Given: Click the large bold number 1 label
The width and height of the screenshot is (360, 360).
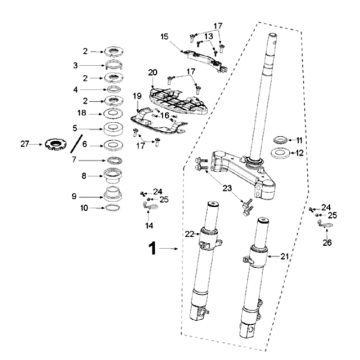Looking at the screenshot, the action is tap(152, 249).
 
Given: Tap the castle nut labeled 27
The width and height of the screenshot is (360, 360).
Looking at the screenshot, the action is tap(56, 144).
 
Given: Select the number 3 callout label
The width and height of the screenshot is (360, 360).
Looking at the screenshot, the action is tap(75, 65).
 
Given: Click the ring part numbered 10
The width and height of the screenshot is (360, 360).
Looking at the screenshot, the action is tap(113, 208).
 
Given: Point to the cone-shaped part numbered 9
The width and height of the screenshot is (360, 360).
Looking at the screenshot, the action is tap(113, 194).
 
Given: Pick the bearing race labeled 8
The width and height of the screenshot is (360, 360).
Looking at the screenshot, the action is tap(113, 175).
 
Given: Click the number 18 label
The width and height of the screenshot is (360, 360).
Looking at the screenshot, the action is tap(82, 113).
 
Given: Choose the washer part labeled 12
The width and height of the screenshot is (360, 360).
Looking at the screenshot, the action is tap(280, 153).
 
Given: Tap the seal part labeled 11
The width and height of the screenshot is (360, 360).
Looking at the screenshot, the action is tap(280, 140).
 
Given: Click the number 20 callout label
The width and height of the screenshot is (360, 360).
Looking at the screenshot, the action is tap(152, 72).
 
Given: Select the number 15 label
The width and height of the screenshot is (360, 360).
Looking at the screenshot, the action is tap(165, 36).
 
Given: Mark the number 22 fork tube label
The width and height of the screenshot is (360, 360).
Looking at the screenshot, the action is tap(190, 235).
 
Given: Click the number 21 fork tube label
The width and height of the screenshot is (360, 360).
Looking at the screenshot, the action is tap(284, 256).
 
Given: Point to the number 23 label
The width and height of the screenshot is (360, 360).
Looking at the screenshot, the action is tap(228, 188).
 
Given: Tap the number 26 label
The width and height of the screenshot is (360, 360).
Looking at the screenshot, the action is tap(327, 243).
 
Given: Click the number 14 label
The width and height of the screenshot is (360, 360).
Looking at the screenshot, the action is tap(149, 226).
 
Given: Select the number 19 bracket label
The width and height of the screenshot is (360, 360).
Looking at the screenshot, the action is tap(137, 97).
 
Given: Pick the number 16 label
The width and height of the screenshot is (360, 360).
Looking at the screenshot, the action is tap(164, 116).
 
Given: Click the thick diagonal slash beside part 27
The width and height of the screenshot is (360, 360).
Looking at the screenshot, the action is tap(76, 144).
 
